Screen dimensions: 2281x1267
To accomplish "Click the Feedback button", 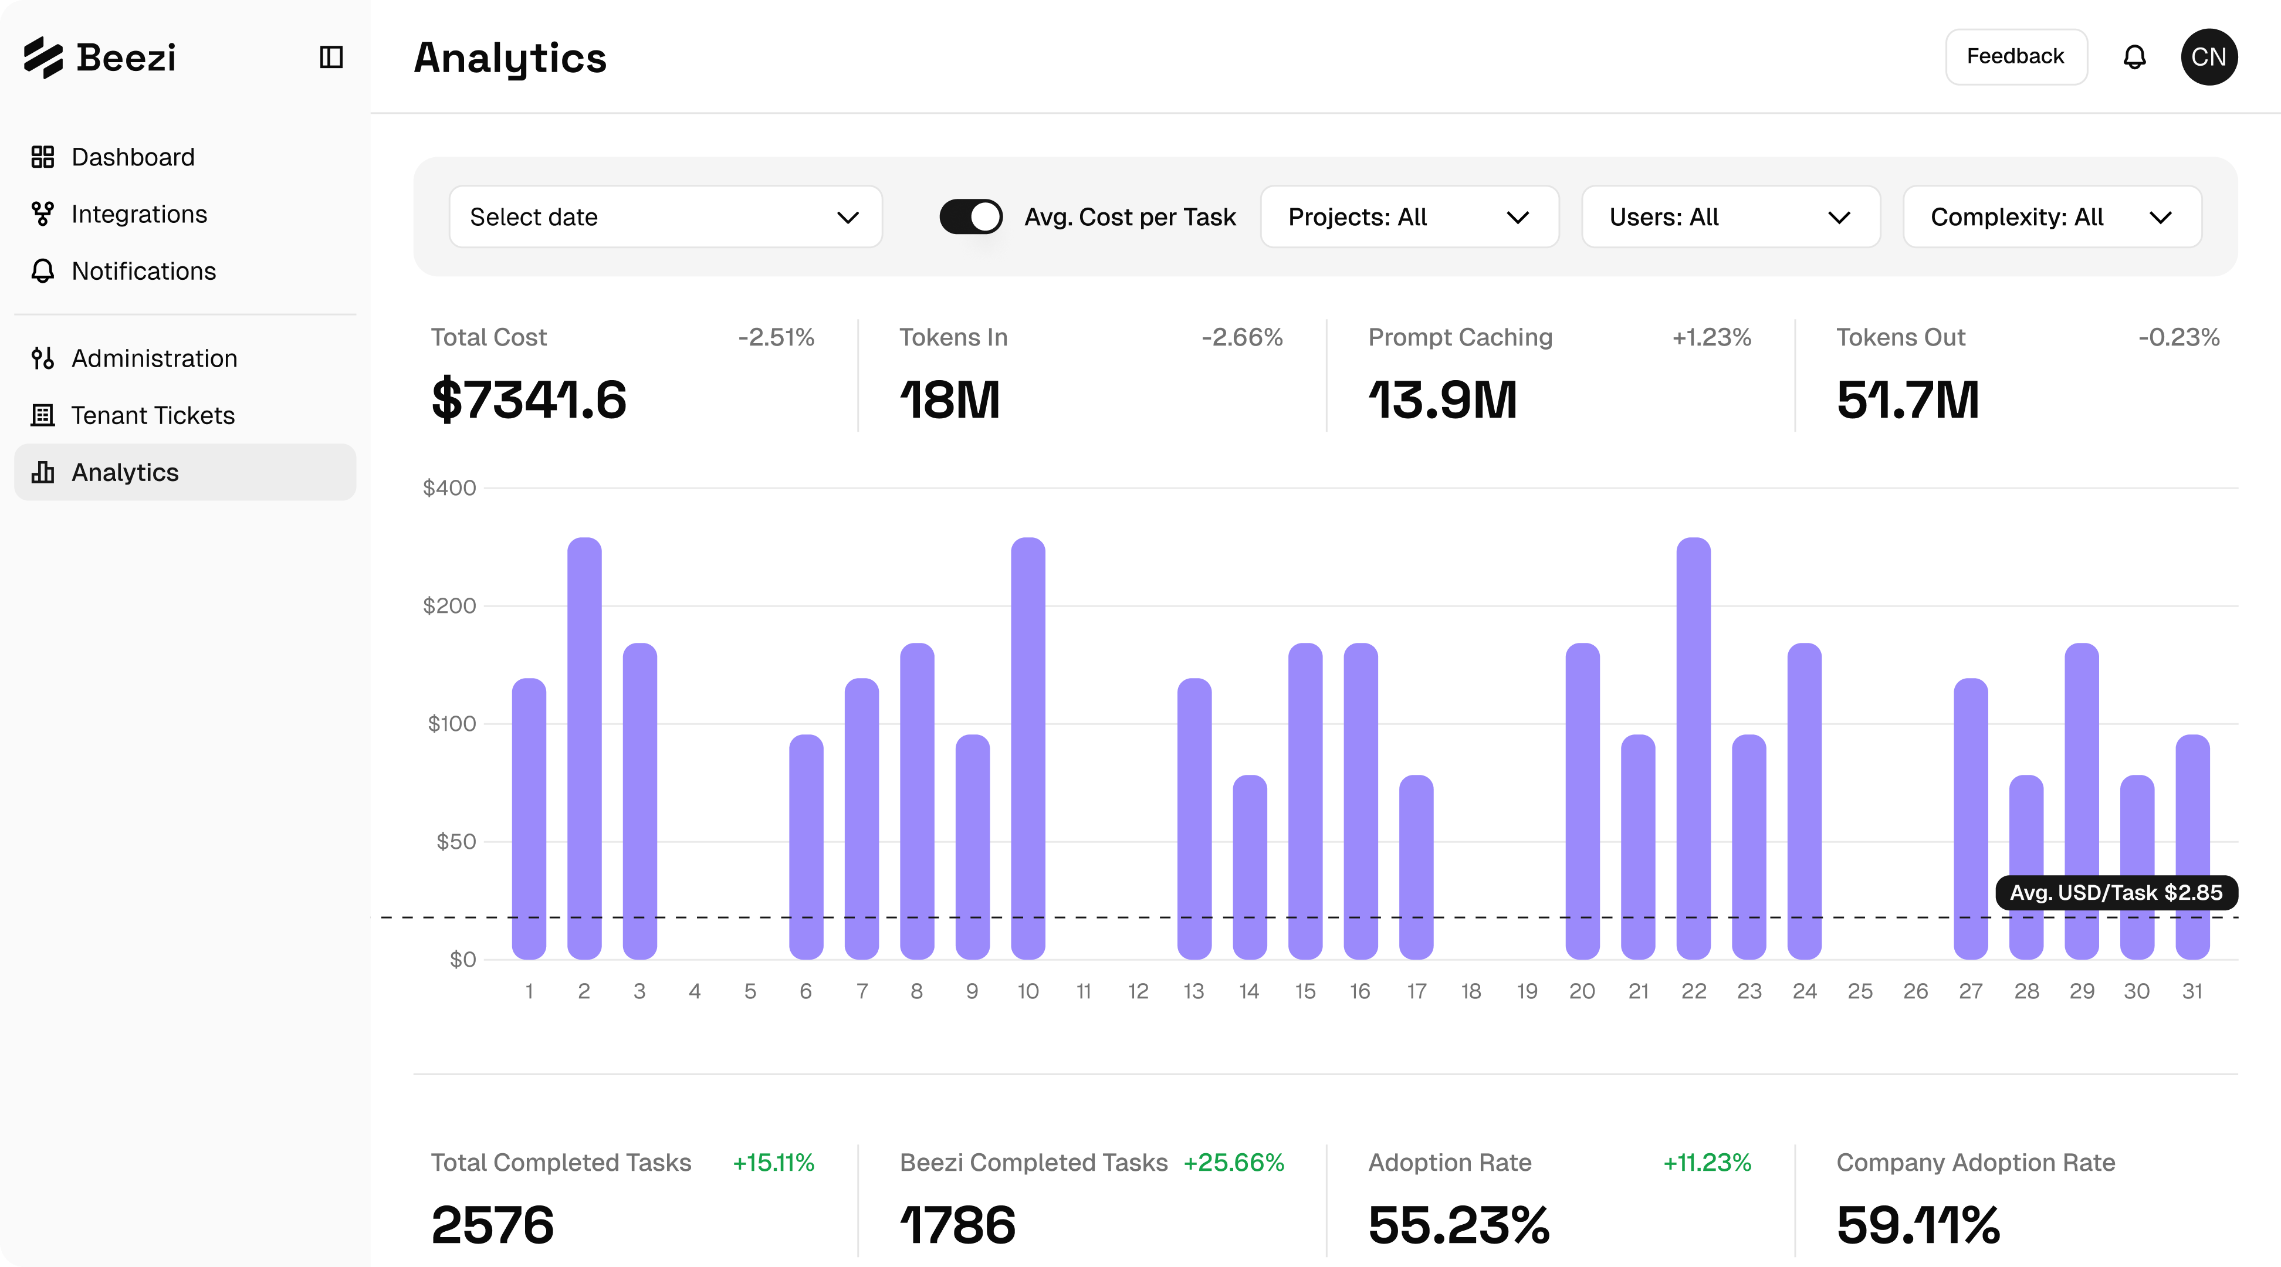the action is pyautogui.click(x=2015, y=57).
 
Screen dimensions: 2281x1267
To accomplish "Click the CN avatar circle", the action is pyautogui.click(x=2208, y=57).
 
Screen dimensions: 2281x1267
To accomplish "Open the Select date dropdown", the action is pyautogui.click(x=665, y=217).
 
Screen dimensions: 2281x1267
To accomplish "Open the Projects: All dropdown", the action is pyautogui.click(x=1409, y=217).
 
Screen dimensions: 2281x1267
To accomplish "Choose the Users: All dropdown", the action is pyautogui.click(x=1730, y=217).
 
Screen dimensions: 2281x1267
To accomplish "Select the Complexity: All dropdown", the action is pyautogui.click(x=2052, y=217).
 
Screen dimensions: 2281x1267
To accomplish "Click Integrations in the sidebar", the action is pyautogui.click(x=139, y=214).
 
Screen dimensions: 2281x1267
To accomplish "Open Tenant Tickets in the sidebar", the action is pyautogui.click(x=153, y=415).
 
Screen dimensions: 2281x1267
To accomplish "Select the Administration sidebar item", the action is pyautogui.click(x=154, y=358).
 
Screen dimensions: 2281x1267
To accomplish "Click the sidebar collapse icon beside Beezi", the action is pyautogui.click(x=331, y=57).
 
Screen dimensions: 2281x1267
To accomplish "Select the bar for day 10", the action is pyautogui.click(x=1028, y=748).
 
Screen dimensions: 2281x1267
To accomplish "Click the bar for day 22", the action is pyautogui.click(x=1693, y=748).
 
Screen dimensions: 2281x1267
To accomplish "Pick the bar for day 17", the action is pyautogui.click(x=1416, y=867).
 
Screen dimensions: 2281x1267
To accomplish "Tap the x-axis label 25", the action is pyautogui.click(x=1860, y=992).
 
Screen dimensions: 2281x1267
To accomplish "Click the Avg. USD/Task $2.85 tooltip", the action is pyautogui.click(x=2116, y=893).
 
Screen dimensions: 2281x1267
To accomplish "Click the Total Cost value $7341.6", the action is pyautogui.click(x=529, y=399).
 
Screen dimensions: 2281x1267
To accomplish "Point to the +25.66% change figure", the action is pyautogui.click(x=1233, y=1163).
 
